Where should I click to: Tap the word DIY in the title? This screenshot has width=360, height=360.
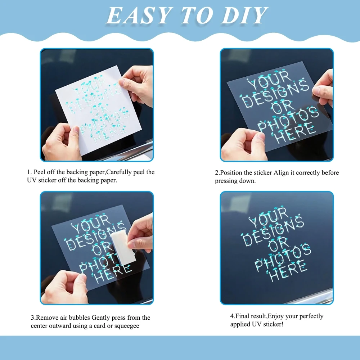tap(244, 15)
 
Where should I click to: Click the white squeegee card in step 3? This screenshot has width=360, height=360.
tap(123, 248)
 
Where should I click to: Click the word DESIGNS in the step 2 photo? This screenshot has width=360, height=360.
tap(275, 94)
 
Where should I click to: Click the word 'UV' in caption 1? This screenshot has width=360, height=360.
tap(32, 180)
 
